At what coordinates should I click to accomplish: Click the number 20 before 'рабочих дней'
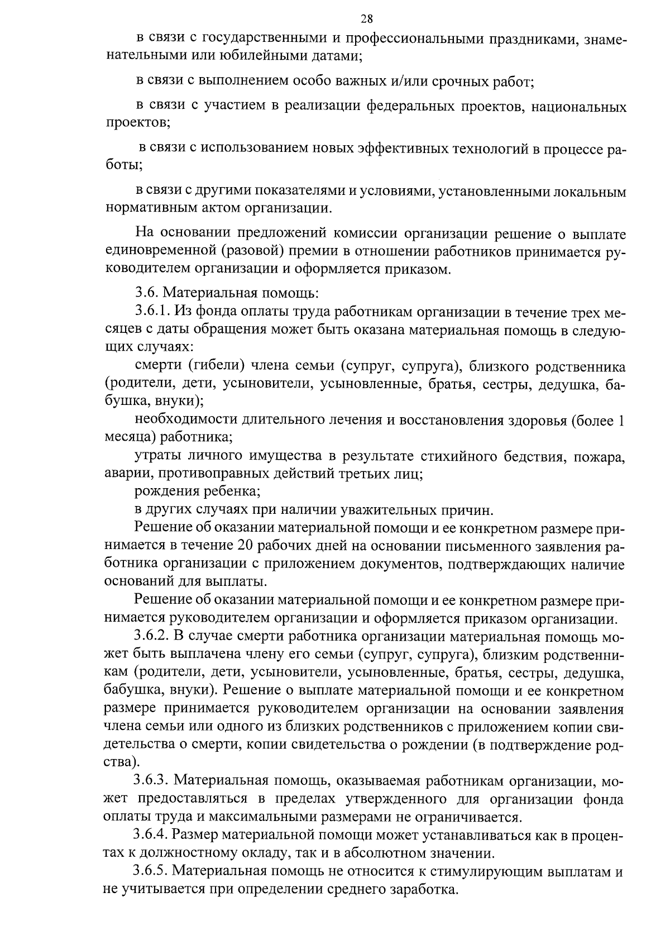[246, 546]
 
